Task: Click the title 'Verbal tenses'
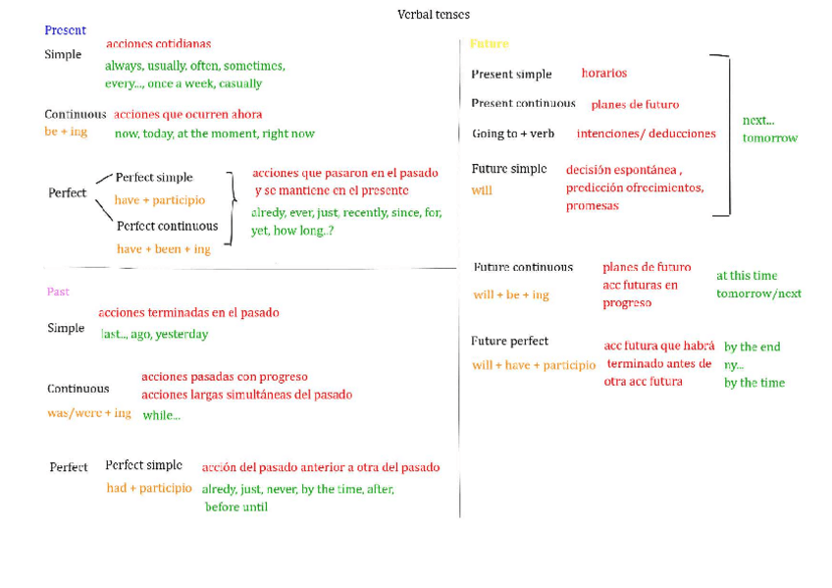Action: coord(433,15)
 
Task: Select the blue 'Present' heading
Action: coord(66,30)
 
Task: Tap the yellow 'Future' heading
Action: coord(490,44)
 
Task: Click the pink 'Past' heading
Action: coord(58,292)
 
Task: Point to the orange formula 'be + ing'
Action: coord(66,132)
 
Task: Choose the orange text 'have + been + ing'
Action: coord(164,249)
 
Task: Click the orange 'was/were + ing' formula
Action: coord(89,413)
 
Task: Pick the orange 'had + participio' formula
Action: coord(149,488)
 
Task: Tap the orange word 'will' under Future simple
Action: coord(482,190)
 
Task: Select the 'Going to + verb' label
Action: coord(513,134)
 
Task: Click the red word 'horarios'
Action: coord(603,74)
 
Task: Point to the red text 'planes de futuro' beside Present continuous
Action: coord(635,105)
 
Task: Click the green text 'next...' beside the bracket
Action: coord(757,121)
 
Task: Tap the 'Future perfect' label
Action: coord(510,342)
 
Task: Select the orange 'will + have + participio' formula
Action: coord(534,365)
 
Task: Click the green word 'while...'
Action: coord(162,415)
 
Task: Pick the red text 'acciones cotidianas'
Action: coord(158,44)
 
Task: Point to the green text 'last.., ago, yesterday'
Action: coord(155,334)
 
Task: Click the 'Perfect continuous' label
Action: coord(167,226)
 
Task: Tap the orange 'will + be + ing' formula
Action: coord(511,294)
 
